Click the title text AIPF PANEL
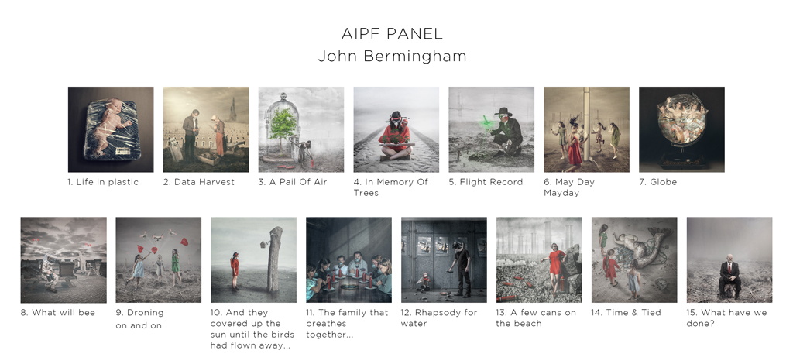[x=392, y=34]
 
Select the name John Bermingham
[x=392, y=56]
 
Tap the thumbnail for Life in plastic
[x=111, y=129]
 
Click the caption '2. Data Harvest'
[x=199, y=182]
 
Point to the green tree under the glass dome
[x=282, y=128]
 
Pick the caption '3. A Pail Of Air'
[x=293, y=182]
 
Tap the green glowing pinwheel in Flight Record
[x=486, y=123]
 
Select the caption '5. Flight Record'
[x=486, y=182]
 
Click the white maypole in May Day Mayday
[x=586, y=124]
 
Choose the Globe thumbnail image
[x=681, y=129]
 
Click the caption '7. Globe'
[x=658, y=182]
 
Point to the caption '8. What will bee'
[x=57, y=312]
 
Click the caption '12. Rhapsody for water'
[x=439, y=318]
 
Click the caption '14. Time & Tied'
[x=626, y=312]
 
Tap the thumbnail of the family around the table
[x=349, y=260]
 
